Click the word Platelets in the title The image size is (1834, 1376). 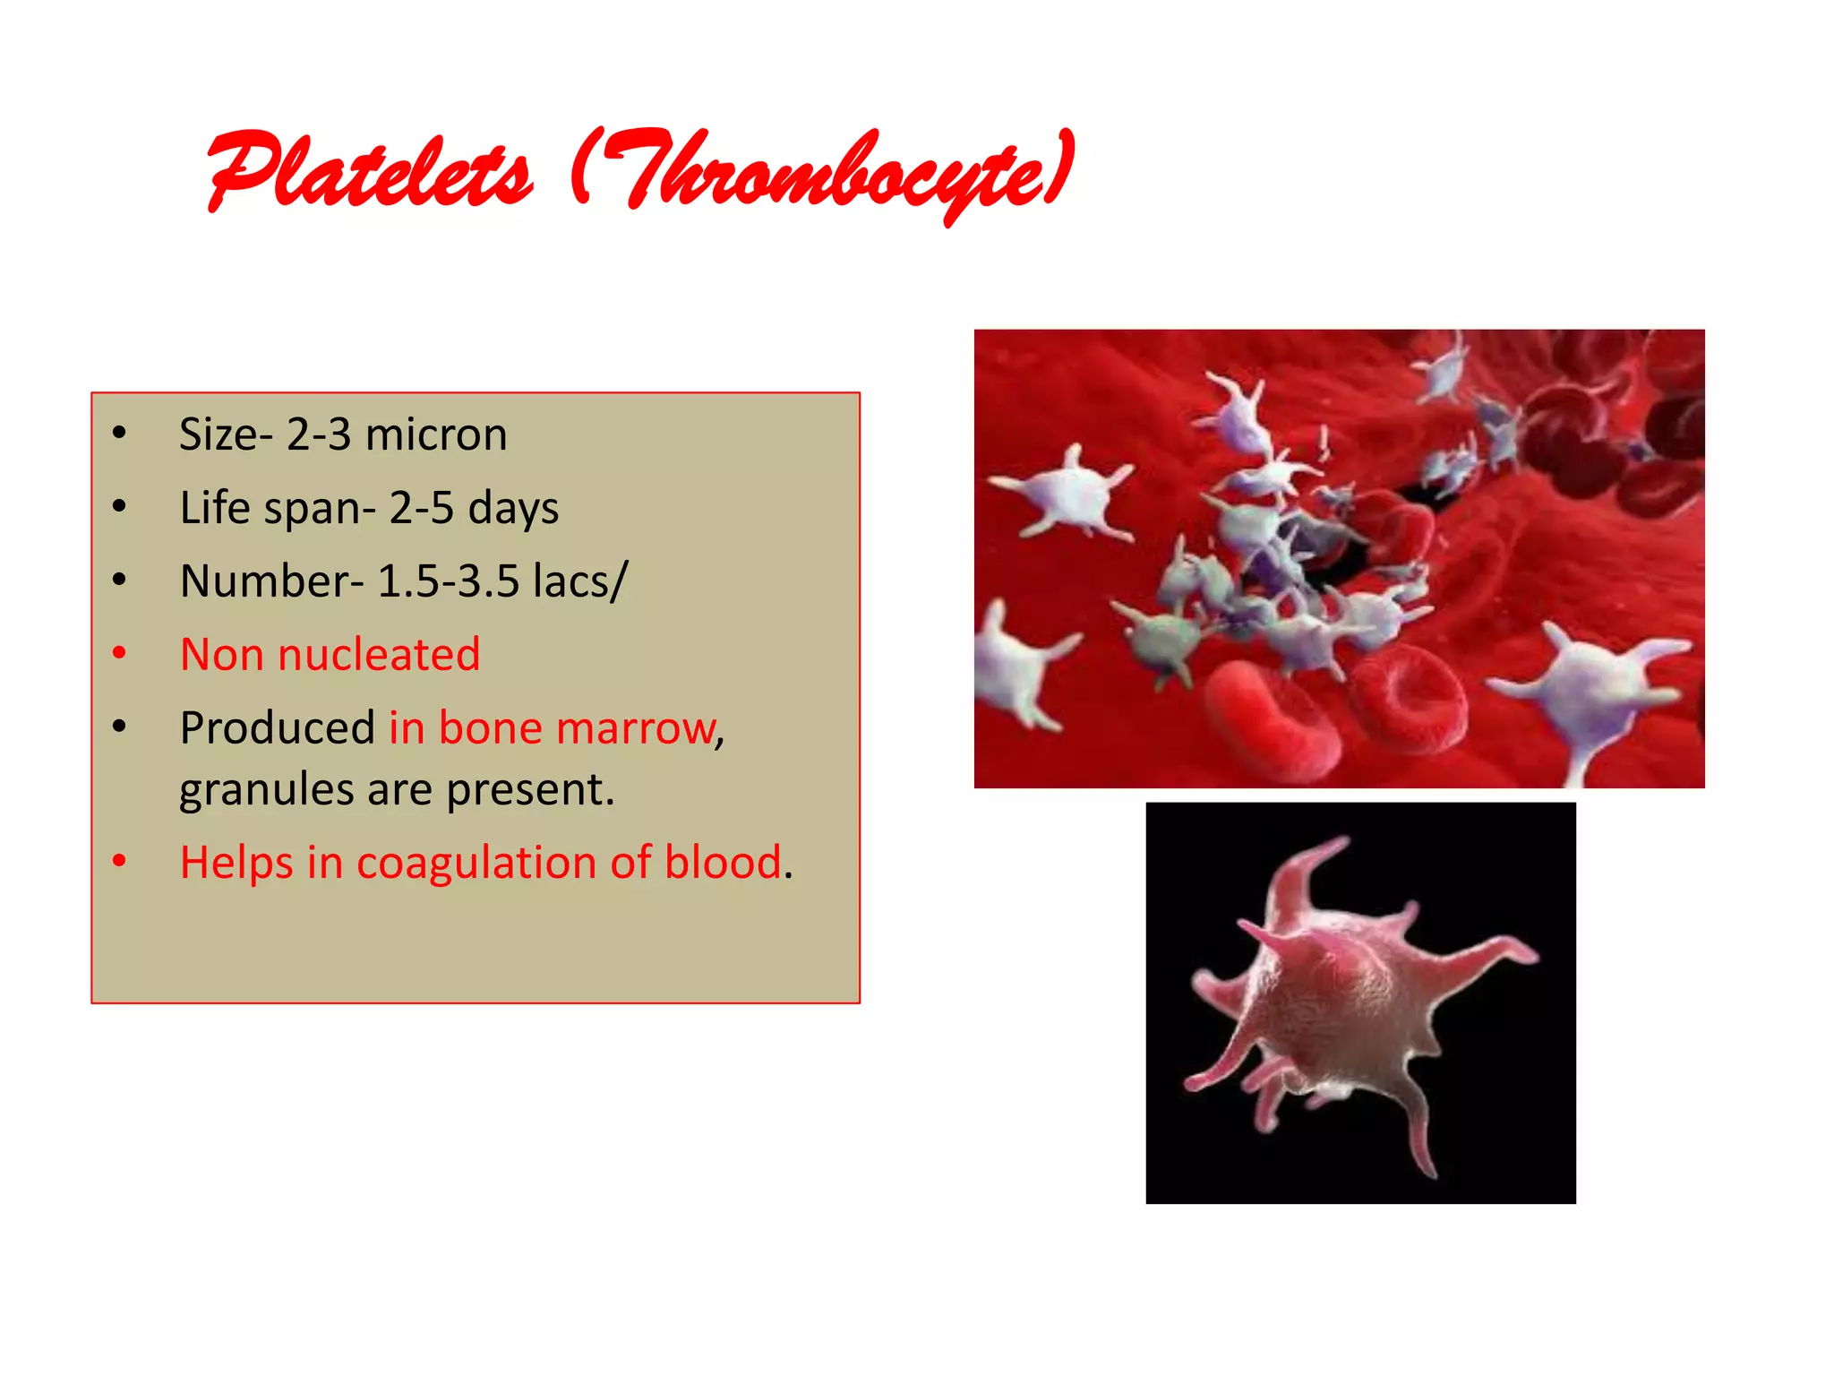tap(369, 170)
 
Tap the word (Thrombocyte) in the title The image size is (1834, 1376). tap(822, 172)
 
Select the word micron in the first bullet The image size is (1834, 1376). tap(436, 434)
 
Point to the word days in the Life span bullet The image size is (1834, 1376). tap(513, 508)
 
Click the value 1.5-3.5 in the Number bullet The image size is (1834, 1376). tap(448, 581)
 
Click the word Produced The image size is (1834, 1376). tap(277, 727)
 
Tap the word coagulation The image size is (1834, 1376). tap(476, 863)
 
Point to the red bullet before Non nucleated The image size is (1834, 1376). tap(119, 653)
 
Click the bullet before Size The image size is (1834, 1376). tap(119, 434)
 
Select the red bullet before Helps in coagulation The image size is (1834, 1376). tap(119, 861)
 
